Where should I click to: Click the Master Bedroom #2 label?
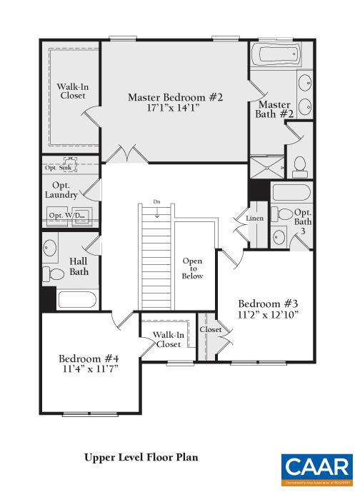[x=175, y=97]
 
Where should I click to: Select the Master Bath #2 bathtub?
[x=278, y=55]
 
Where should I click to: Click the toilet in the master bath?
[x=301, y=166]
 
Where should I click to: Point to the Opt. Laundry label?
[x=61, y=189]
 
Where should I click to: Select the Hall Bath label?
[x=79, y=266]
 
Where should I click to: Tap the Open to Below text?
[x=192, y=268]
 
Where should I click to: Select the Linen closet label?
[x=255, y=219]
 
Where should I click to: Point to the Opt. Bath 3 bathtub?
[x=291, y=192]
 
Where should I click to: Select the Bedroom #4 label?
[x=89, y=358]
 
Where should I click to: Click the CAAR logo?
[x=316, y=468]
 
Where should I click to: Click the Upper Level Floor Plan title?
[x=141, y=456]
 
